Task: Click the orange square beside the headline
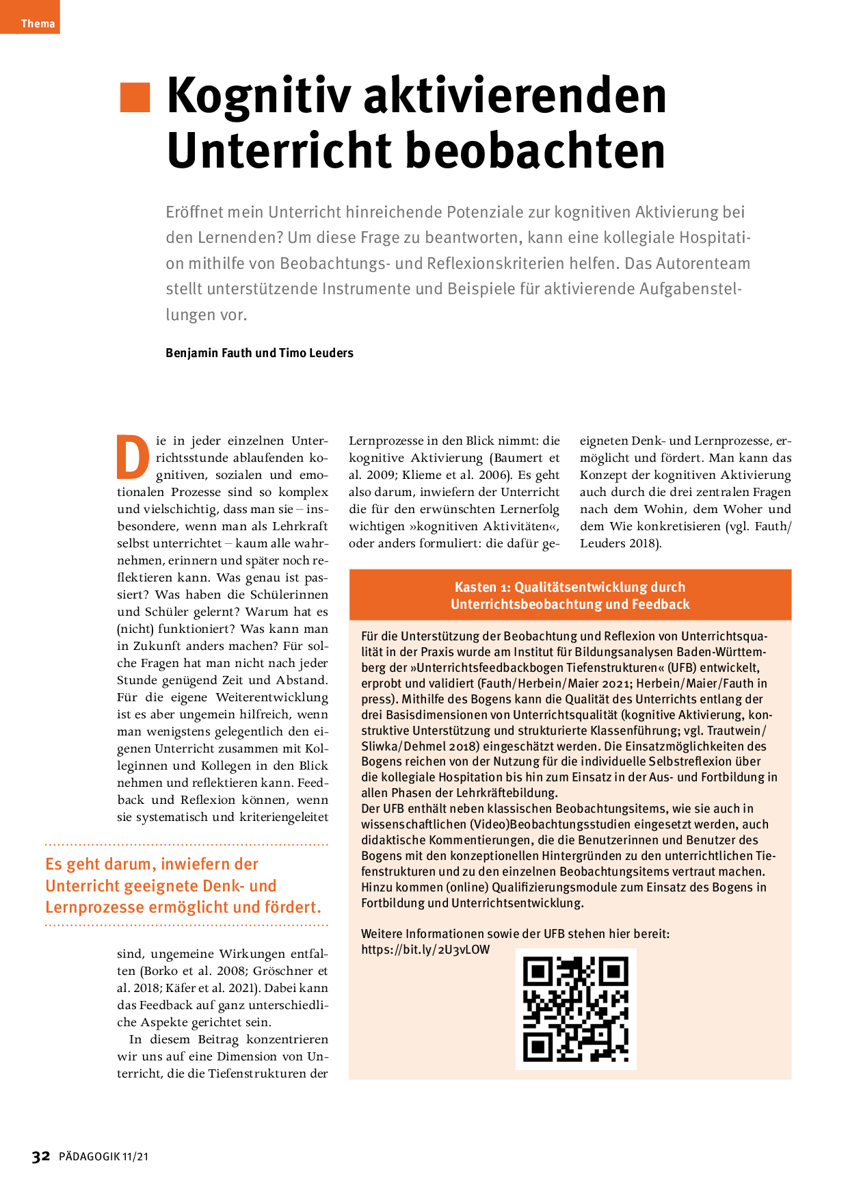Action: click(x=135, y=97)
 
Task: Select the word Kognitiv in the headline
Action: click(x=259, y=96)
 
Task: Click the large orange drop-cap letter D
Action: click(x=133, y=457)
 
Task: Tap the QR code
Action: click(x=576, y=1008)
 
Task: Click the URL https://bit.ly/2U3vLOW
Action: click(x=425, y=950)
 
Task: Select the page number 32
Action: click(x=41, y=1156)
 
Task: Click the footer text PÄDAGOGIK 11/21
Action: click(x=103, y=1157)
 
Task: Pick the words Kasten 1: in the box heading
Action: click(x=482, y=587)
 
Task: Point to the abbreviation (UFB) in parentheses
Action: click(x=687, y=668)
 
